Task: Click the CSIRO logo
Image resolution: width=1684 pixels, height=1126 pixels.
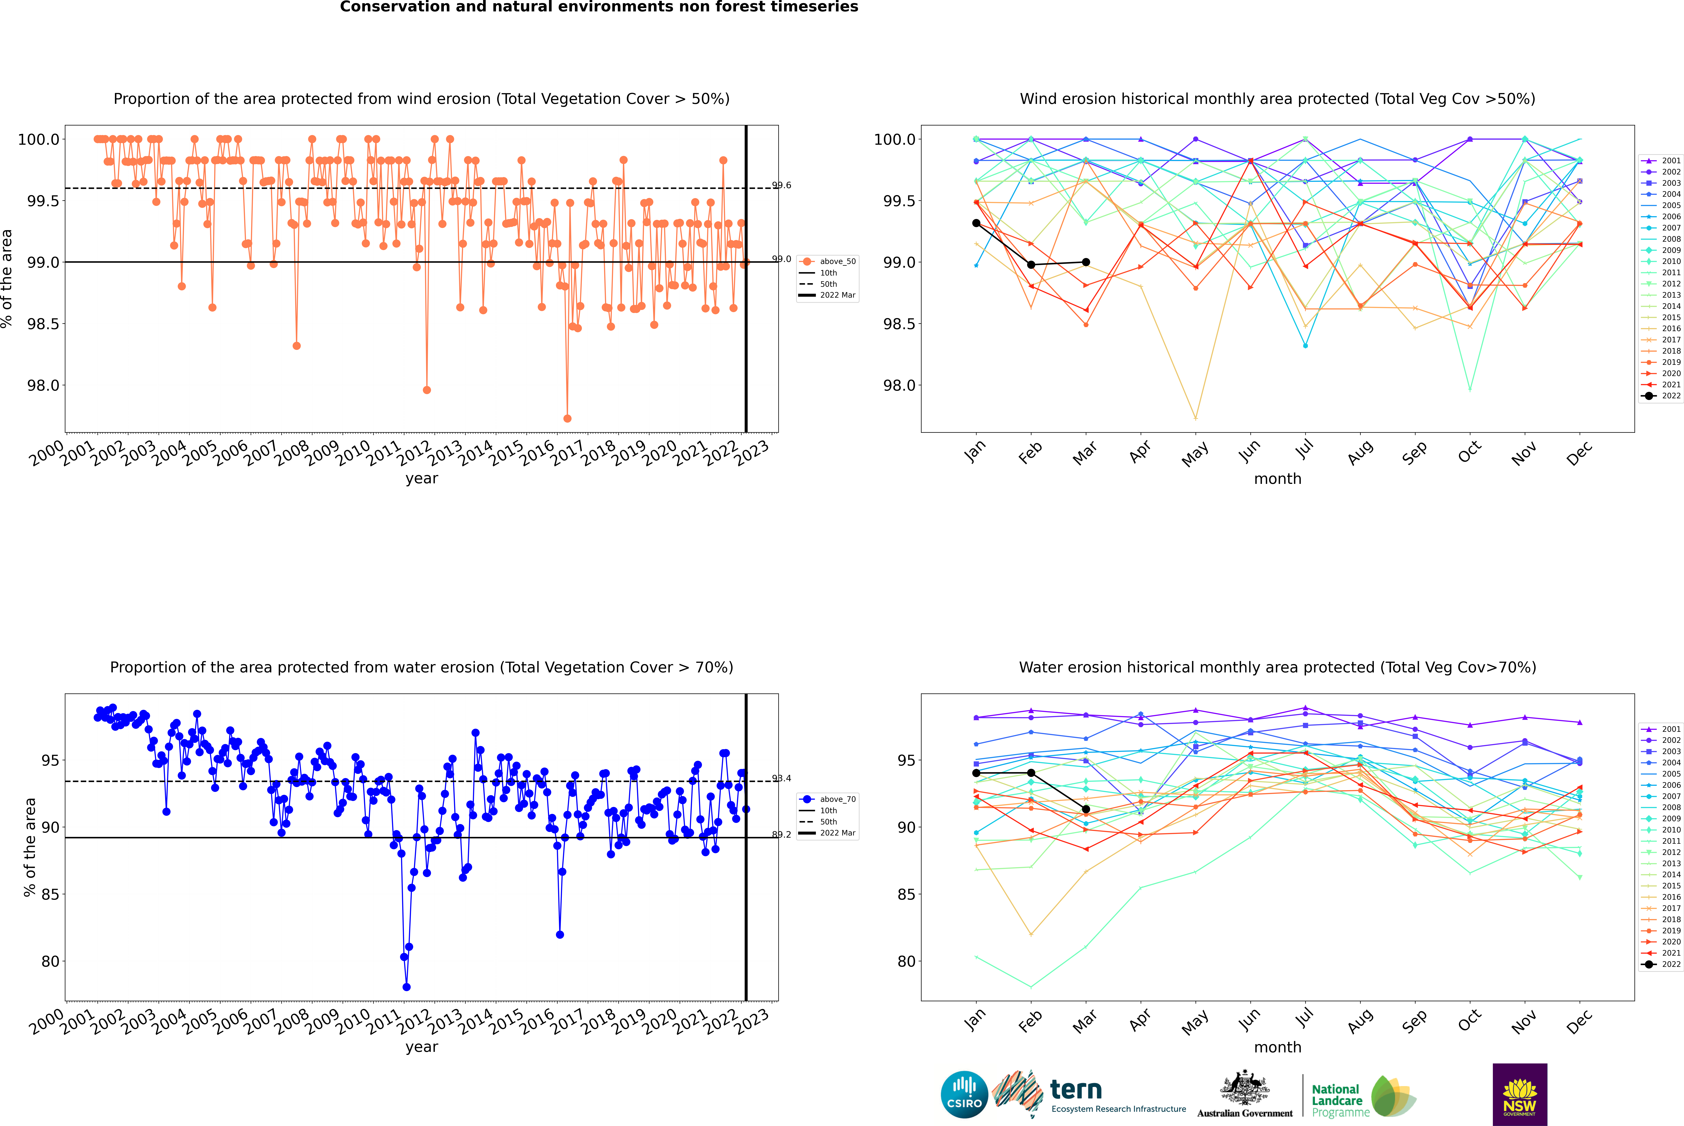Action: coord(964,1094)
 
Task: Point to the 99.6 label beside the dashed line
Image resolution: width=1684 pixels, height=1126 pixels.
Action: coord(782,185)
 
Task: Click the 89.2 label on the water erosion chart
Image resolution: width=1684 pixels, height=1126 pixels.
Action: coord(782,834)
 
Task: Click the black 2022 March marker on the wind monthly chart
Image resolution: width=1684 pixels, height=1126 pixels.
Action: coord(1086,262)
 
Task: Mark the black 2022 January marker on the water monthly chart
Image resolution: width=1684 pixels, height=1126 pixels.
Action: coord(976,773)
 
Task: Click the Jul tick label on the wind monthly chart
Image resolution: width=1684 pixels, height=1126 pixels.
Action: coord(1304,449)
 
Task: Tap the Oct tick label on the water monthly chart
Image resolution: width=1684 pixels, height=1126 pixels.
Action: coord(1469,1019)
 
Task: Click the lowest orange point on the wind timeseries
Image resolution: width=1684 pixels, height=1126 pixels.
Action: coord(568,418)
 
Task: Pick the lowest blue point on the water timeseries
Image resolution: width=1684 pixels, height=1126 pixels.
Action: coord(406,987)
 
